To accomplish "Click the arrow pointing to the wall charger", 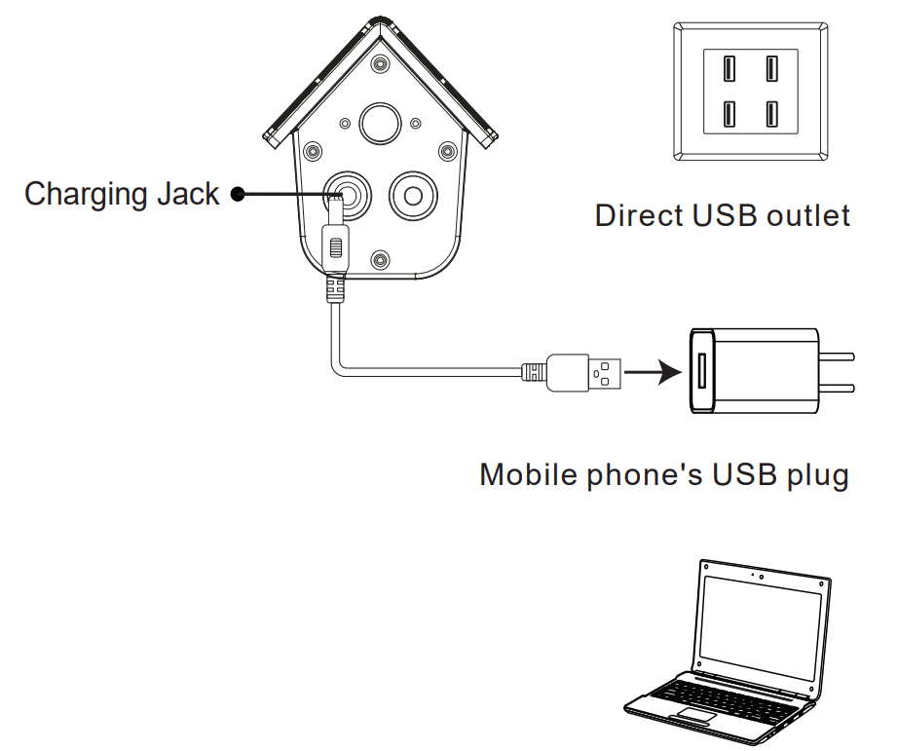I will point(652,371).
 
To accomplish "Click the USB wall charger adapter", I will point(755,371).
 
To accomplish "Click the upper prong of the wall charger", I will point(838,356).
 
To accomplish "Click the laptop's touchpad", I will point(699,717).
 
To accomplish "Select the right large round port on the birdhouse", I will point(414,195).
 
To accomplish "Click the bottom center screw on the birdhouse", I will point(381,258).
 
